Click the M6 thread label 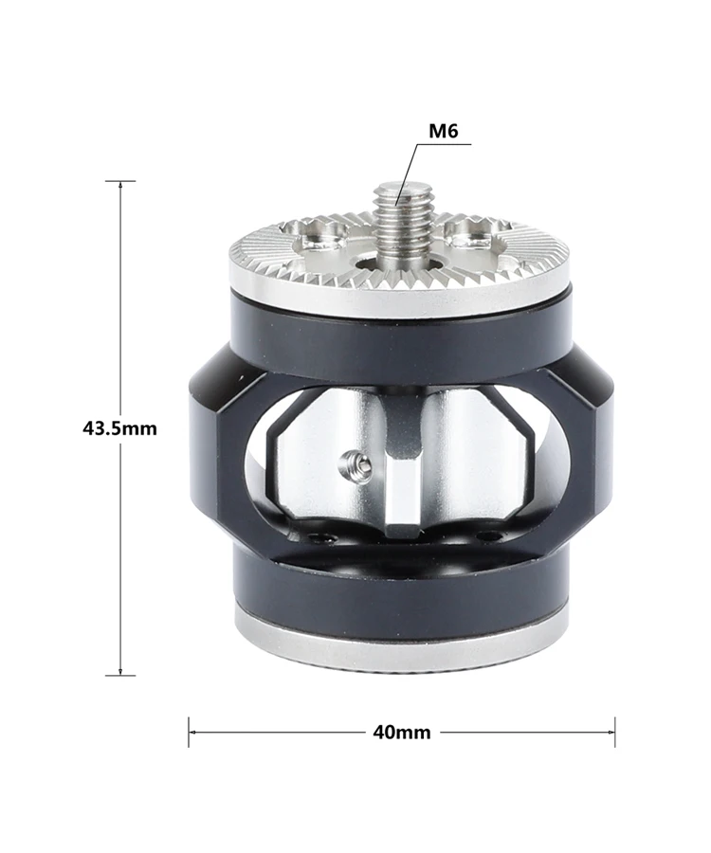[444, 131]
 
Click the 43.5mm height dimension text [119, 428]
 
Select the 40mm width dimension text [401, 733]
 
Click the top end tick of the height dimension [120, 181]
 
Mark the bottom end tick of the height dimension [120, 676]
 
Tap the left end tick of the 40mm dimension [189, 733]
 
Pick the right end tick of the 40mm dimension [614, 733]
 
